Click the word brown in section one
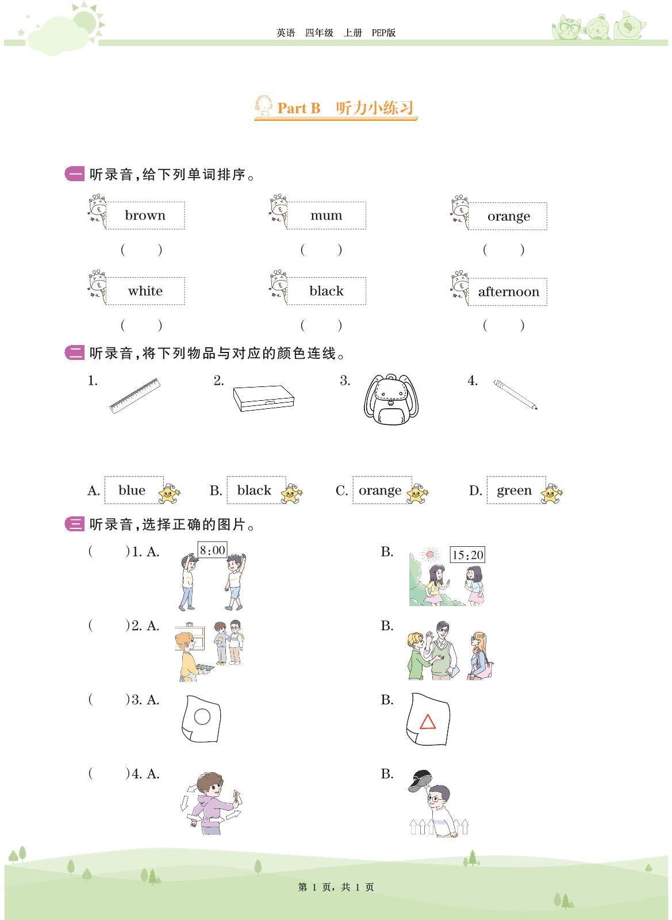(145, 215)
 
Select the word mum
(326, 215)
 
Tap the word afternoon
(508, 292)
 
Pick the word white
(145, 291)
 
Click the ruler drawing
(135, 396)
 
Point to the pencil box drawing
(263, 398)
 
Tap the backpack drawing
(391, 399)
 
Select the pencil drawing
(515, 394)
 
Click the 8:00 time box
(212, 550)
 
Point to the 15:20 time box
(467, 555)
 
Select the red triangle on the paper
(427, 722)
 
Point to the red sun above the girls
(430, 554)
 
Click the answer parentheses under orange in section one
(504, 250)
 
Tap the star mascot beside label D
(551, 494)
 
